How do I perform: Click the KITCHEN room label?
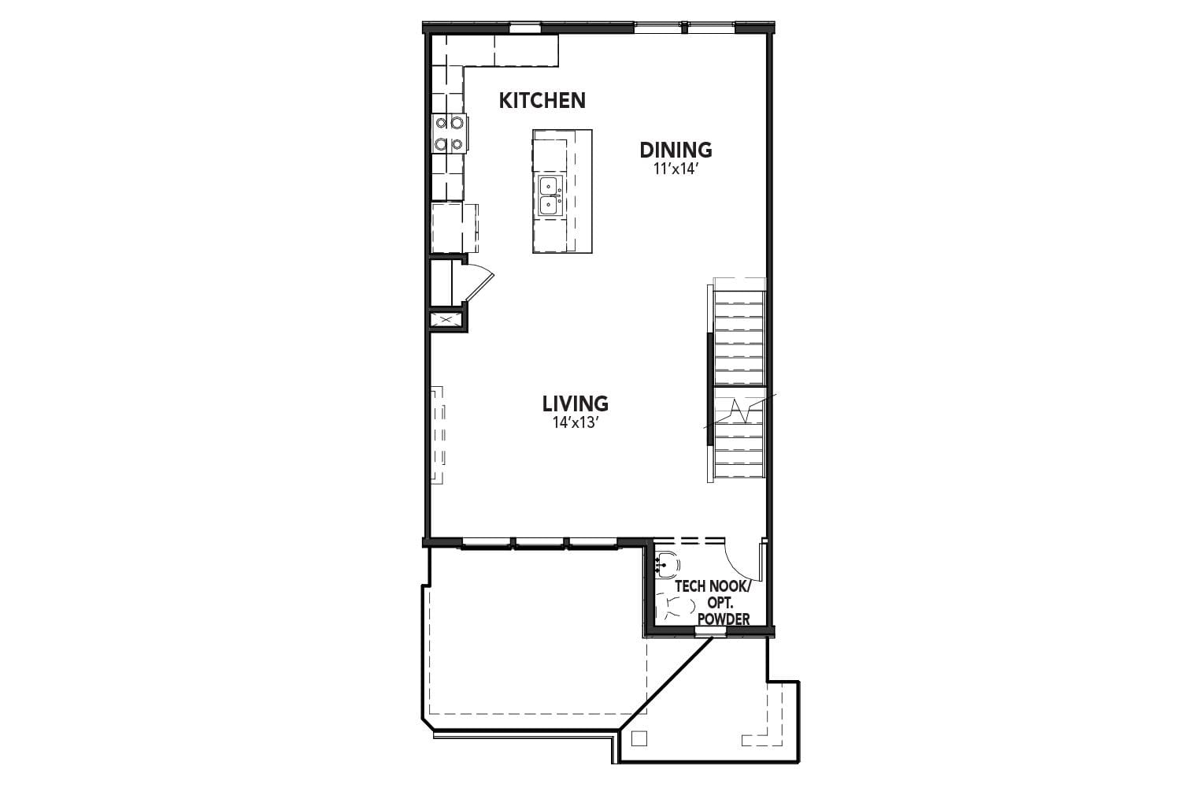pyautogui.click(x=542, y=101)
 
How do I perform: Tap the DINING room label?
pyautogui.click(x=676, y=150)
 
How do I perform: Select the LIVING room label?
pyautogui.click(x=575, y=403)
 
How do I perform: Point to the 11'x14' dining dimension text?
pyautogui.click(x=676, y=169)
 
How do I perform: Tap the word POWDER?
pyautogui.click(x=723, y=619)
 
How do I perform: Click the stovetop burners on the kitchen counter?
pyautogui.click(x=449, y=133)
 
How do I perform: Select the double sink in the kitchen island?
pyautogui.click(x=550, y=195)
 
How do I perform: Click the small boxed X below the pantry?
pyautogui.click(x=446, y=320)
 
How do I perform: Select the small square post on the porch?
pyautogui.click(x=639, y=738)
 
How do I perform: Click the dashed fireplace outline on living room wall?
pyautogui.click(x=438, y=435)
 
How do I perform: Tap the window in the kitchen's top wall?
pyautogui.click(x=524, y=28)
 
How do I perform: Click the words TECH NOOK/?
pyautogui.click(x=713, y=586)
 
